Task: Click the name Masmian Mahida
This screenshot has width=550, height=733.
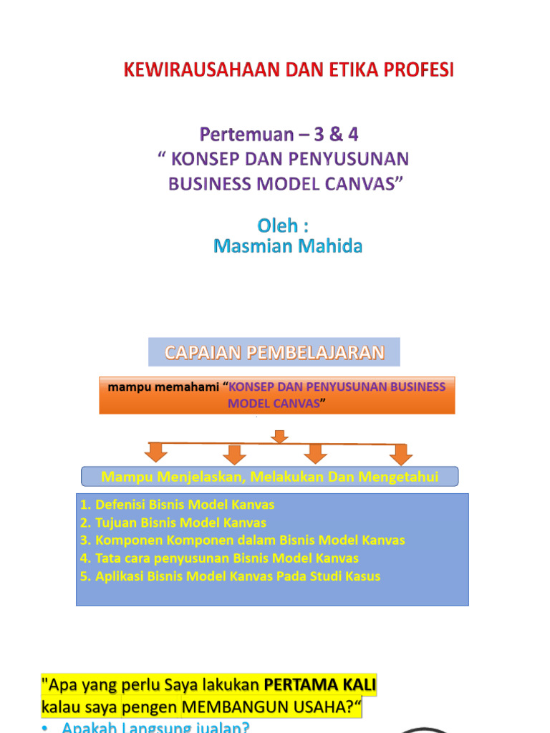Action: [288, 246]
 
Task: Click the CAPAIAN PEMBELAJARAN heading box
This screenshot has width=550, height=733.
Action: [274, 352]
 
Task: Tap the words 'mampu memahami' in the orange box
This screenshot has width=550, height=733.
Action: [163, 387]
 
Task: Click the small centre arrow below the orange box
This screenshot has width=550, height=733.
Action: [280, 436]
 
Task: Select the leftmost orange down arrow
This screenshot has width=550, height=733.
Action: [156, 452]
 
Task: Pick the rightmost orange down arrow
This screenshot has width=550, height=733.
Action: [401, 454]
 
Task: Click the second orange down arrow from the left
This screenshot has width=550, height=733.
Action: [234, 454]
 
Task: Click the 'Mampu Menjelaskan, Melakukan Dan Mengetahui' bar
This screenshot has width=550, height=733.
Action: [269, 477]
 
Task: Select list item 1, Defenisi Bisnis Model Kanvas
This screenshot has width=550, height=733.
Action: [178, 505]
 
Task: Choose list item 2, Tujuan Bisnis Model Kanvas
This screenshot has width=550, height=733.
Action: [173, 523]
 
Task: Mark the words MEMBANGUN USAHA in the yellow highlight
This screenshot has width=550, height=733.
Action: [264, 707]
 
